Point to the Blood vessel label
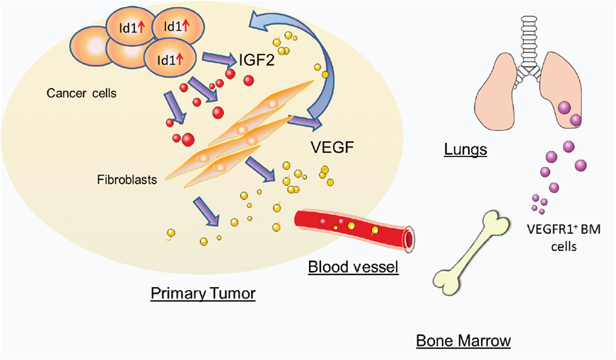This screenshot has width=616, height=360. (353, 267)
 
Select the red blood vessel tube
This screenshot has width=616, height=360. (347, 228)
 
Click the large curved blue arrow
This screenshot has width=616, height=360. (329, 71)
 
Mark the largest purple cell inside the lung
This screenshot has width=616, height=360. (565, 108)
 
